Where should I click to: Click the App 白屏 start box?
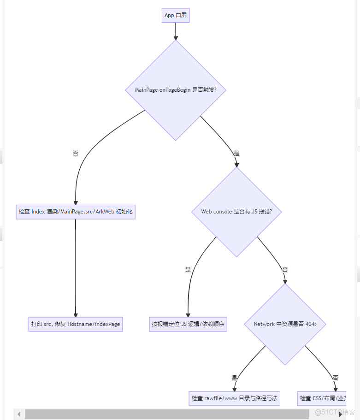coord(175,15)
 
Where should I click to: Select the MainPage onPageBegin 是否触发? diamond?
coord(175,90)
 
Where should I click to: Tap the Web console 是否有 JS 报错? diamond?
coord(236,212)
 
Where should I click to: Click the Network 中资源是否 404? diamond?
coord(285,324)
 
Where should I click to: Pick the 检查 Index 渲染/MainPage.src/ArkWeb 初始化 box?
coord(76,212)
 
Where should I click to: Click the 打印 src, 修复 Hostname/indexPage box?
coord(76,324)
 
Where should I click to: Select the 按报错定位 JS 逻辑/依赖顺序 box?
coord(188,324)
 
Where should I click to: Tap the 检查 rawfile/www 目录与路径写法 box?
coord(235,398)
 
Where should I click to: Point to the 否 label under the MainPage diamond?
coord(76,153)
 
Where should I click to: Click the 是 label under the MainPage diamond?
coord(236,153)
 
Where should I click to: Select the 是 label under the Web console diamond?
coord(188,269)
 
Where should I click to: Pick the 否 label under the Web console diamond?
coord(285,269)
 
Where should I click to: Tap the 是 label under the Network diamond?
coord(235,378)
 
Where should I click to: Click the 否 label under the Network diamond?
coord(335,378)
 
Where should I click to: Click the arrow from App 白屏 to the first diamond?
coord(175,31)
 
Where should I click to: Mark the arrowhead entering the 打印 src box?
coord(76,314)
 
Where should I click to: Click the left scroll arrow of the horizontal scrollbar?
coord(19,414)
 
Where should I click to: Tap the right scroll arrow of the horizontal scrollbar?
coord(341,414)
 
